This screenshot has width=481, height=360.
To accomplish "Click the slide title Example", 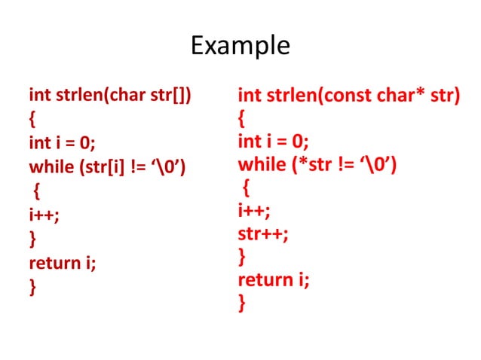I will point(240,46).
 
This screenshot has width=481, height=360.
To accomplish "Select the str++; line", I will point(263,233).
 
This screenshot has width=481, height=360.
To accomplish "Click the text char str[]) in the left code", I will point(155,96).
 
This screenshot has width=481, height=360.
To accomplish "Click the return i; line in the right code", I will point(273,280).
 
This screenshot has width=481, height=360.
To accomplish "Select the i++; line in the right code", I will point(254,210).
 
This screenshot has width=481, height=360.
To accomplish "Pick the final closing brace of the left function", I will point(32,287).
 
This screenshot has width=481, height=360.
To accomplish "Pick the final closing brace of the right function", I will point(241,304).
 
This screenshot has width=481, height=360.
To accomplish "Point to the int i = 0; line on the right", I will point(273,142).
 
